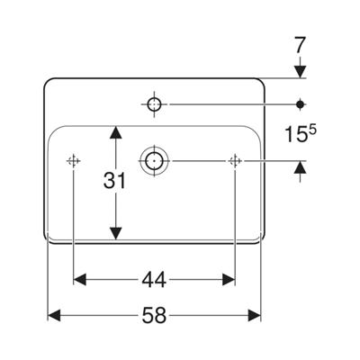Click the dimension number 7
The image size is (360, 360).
coord(300,46)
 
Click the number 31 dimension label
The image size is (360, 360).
coord(114,181)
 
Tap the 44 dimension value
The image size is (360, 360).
coord(154,280)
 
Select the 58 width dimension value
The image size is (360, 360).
coord(154,316)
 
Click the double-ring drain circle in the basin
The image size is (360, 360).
coord(154,161)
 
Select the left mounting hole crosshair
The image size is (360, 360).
coord(73,161)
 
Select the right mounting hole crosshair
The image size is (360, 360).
coord(235,161)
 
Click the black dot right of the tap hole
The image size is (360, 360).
coord(300,104)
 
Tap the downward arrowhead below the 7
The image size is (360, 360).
coord(300,71)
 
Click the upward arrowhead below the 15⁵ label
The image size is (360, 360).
coord(300,167)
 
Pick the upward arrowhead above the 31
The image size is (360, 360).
coord(116,132)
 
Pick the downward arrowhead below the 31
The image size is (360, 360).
coord(116,233)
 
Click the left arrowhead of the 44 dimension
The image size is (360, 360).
coord(80,280)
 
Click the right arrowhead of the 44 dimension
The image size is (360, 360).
coord(229,280)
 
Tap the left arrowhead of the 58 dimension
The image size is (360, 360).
coord(55,316)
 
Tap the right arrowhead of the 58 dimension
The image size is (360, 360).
coord(255,316)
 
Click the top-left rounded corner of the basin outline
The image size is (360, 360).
coord(47,81)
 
